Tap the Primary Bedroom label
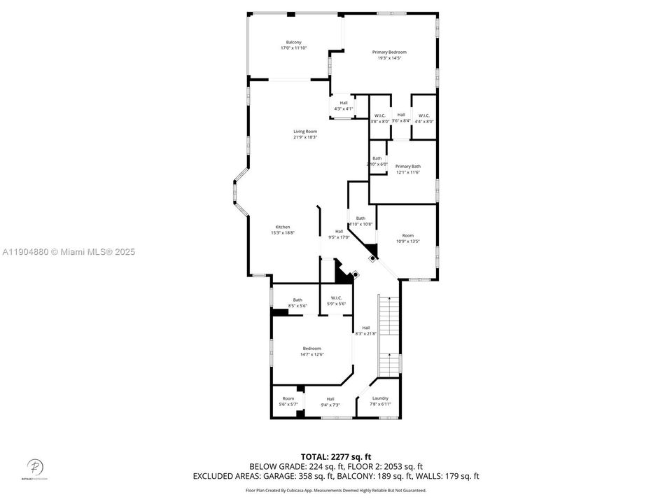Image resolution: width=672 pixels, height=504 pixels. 389,52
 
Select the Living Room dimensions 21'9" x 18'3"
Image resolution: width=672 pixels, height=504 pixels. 305,137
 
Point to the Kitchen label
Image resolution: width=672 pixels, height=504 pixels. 283,227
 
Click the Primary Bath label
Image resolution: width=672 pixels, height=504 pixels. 407,167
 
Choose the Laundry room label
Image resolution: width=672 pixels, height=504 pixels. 380,398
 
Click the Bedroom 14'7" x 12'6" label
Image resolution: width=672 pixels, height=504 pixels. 311,349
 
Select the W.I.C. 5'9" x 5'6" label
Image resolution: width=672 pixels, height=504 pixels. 335,300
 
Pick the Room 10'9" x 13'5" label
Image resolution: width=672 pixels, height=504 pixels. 407,236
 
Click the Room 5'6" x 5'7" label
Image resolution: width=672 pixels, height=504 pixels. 288,398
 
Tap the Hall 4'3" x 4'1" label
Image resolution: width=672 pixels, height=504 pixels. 343,103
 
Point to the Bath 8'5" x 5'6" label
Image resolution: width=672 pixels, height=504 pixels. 297,300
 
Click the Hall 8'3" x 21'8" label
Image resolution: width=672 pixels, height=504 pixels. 365,328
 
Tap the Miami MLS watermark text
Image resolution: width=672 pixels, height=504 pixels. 69,252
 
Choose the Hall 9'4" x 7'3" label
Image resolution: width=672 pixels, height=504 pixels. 330,399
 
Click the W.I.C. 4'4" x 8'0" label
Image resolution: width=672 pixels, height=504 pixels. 424,115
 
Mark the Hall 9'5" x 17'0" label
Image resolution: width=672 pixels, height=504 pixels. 339,232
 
